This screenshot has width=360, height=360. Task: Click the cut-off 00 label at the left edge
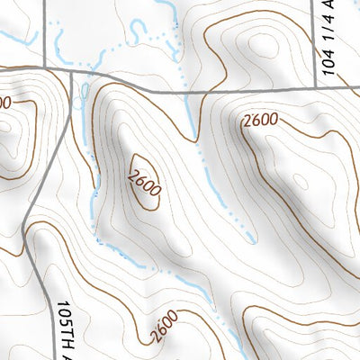4,103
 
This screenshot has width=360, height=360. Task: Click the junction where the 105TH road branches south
71,72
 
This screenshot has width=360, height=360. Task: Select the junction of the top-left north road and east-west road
45,68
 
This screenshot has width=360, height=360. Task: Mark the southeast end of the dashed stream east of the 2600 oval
253,241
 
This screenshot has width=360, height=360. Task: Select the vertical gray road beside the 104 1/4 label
319,45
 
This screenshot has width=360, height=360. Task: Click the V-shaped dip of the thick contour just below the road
194,139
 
